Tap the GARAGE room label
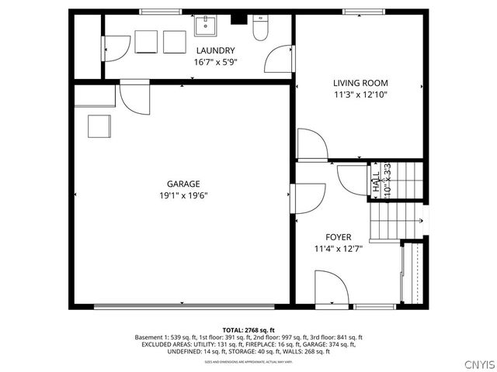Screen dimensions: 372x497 [183, 184]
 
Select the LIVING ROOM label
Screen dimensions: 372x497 [360, 83]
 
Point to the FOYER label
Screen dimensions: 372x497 [339, 237]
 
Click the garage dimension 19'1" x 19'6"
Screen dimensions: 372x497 [183, 195]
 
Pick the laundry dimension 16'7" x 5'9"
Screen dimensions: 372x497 [215, 62]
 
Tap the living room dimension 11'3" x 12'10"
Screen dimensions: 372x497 [360, 95]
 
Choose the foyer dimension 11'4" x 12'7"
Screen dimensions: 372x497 [339, 249]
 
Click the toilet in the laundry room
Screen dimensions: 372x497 [261, 30]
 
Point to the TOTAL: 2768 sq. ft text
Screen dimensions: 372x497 [248, 330]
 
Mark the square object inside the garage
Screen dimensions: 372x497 [99, 126]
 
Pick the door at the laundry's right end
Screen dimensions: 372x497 [278, 59]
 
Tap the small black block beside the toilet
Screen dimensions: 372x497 [240, 20]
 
